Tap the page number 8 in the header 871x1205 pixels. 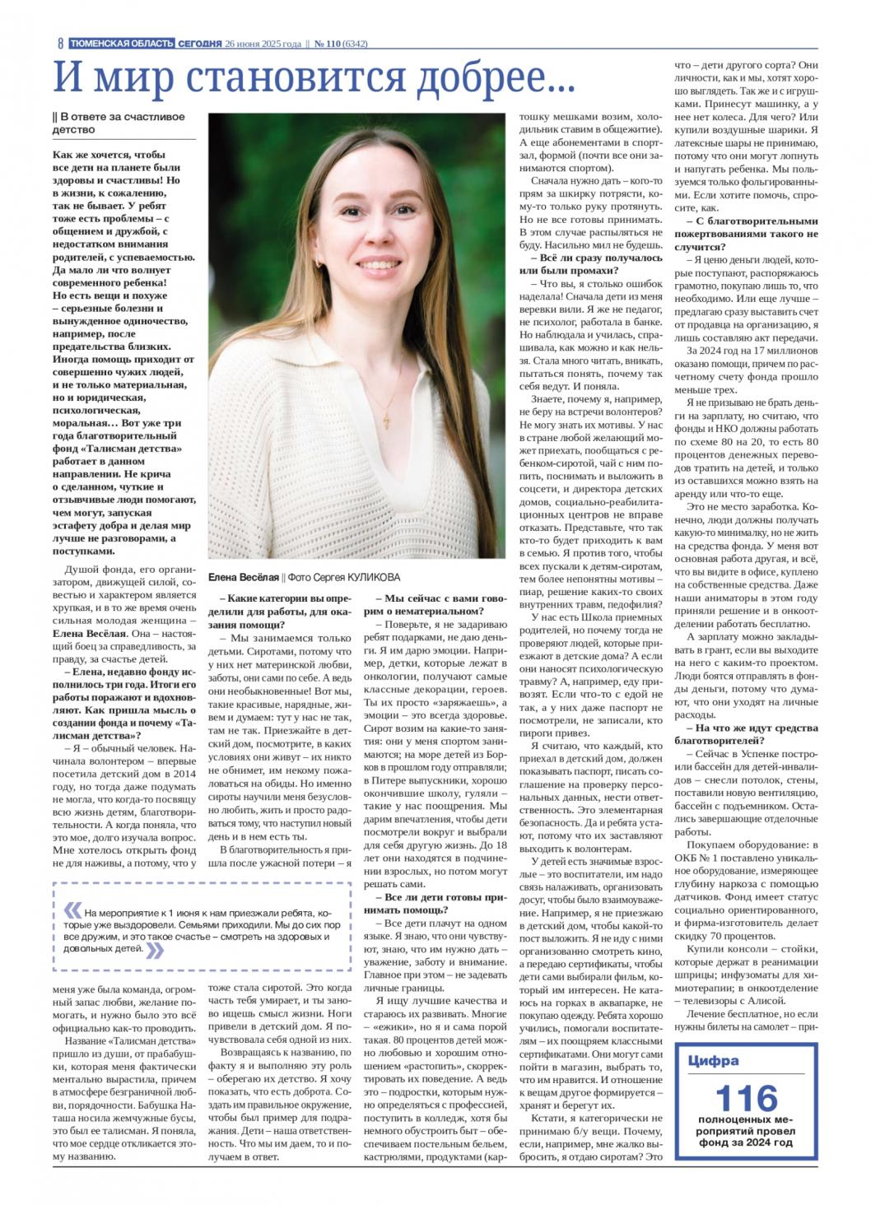[x=60, y=44]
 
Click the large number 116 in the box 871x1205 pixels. [x=746, y=1098]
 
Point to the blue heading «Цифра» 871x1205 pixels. [x=713, y=1061]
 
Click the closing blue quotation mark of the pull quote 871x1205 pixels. [x=154, y=949]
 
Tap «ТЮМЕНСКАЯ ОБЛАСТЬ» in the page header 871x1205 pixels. [x=121, y=43]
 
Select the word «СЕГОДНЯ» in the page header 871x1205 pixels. [x=200, y=43]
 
